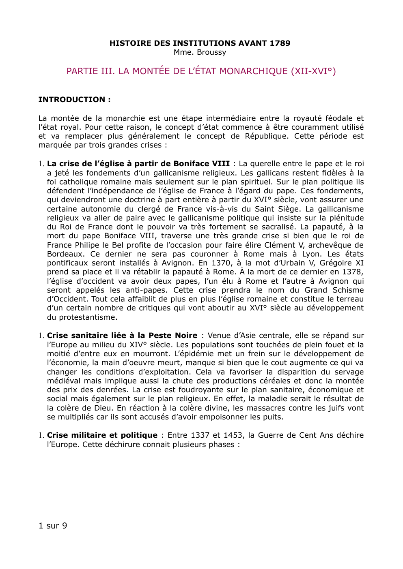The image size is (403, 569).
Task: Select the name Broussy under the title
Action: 211,52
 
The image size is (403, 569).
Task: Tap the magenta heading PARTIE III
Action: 201,71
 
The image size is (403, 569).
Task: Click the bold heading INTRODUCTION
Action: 74,100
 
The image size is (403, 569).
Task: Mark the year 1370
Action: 221,263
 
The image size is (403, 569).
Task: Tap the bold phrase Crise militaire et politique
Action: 102,435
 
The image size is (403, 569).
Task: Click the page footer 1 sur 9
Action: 53,526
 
